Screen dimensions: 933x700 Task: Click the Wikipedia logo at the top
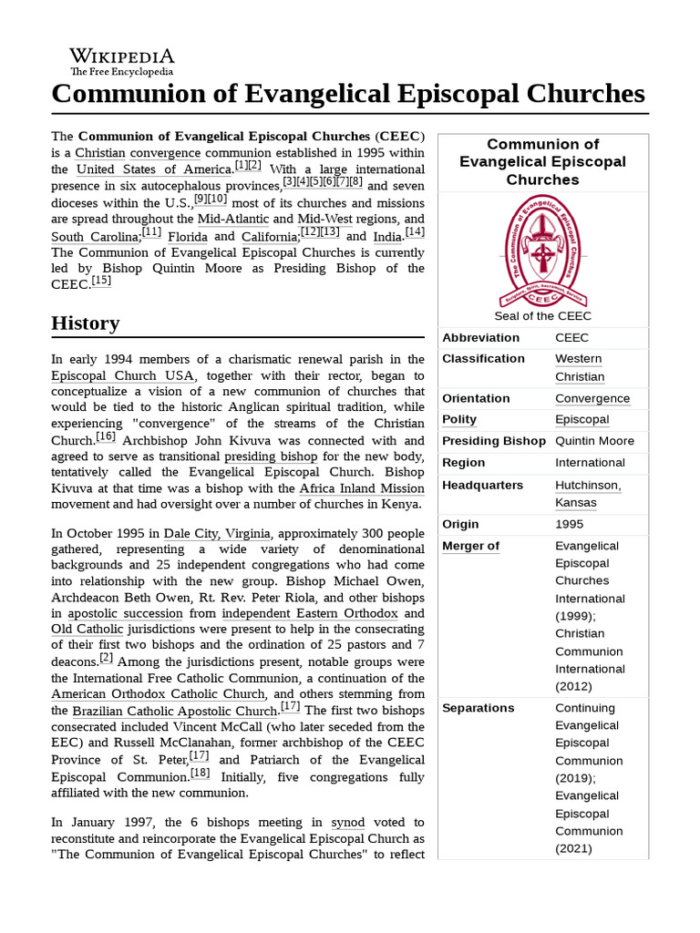tap(122, 62)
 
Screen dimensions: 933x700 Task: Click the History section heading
tap(86, 323)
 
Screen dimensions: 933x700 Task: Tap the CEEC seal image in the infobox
tap(542, 252)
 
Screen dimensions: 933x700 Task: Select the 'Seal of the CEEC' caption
tap(542, 316)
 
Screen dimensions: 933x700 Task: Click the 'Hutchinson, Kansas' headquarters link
tap(588, 494)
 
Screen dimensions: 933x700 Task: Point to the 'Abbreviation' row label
tap(480, 338)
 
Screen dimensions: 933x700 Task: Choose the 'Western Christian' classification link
tap(580, 367)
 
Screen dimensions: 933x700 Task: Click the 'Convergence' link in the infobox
tap(592, 398)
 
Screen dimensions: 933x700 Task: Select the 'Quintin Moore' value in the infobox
tap(594, 441)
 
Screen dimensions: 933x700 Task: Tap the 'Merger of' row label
tap(470, 546)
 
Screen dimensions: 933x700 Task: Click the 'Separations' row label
tap(478, 708)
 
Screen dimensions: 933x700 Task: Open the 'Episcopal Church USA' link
tap(122, 375)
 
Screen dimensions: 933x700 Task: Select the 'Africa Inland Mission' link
tap(362, 488)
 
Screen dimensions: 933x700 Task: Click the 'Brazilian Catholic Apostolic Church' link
tap(175, 711)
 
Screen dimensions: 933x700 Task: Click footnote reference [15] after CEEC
tap(101, 282)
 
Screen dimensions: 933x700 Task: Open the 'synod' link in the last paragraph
tap(347, 822)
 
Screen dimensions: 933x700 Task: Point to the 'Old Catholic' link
tap(87, 629)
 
